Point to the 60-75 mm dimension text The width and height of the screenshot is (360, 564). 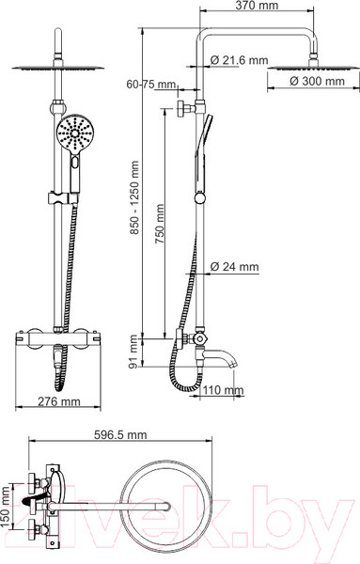point(151,85)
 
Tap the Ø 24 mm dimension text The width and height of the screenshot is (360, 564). point(234,267)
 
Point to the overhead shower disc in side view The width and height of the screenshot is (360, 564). point(302,68)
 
